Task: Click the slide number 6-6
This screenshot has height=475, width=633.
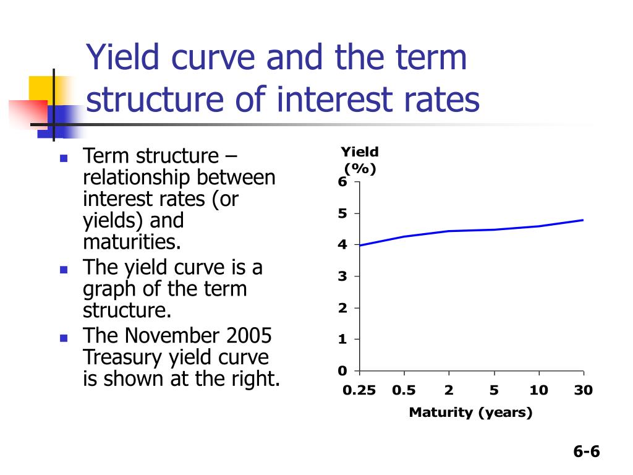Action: pos(586,451)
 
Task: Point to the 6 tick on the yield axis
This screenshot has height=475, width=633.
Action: pos(342,182)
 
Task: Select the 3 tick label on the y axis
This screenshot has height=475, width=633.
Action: pos(342,276)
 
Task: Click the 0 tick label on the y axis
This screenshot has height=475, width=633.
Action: pos(342,371)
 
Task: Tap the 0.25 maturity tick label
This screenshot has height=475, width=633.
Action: pos(359,391)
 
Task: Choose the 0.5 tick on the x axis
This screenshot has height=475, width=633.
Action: pos(404,391)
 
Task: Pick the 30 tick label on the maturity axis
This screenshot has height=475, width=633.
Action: pos(583,391)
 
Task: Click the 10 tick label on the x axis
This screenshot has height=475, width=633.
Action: pos(538,391)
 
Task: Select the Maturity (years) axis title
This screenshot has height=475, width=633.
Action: pos(470,413)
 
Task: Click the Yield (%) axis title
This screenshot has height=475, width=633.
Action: pos(360,160)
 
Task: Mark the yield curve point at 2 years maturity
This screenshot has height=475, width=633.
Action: pos(449,231)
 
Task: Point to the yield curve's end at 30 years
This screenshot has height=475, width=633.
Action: pos(583,220)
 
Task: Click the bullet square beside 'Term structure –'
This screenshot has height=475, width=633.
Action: pos(63,158)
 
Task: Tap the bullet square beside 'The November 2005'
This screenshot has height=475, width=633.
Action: pos(63,338)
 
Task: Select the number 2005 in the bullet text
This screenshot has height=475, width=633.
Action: pos(249,336)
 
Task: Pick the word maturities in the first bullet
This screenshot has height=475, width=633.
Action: pos(132,241)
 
